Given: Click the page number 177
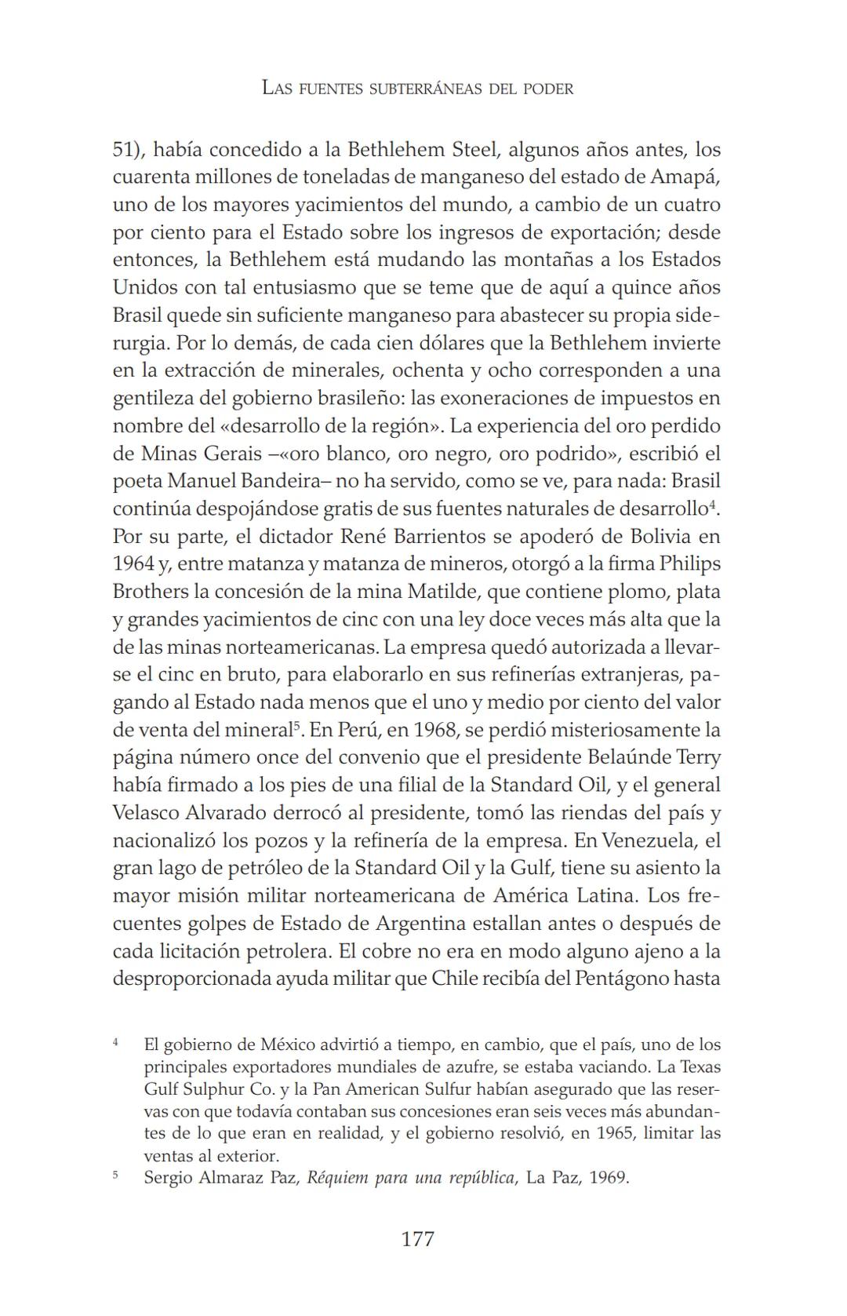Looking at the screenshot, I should pos(417,1239).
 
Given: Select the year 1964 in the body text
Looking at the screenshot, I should pos(133,564).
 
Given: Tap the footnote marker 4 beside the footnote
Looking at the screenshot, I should pos(116,1042).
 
